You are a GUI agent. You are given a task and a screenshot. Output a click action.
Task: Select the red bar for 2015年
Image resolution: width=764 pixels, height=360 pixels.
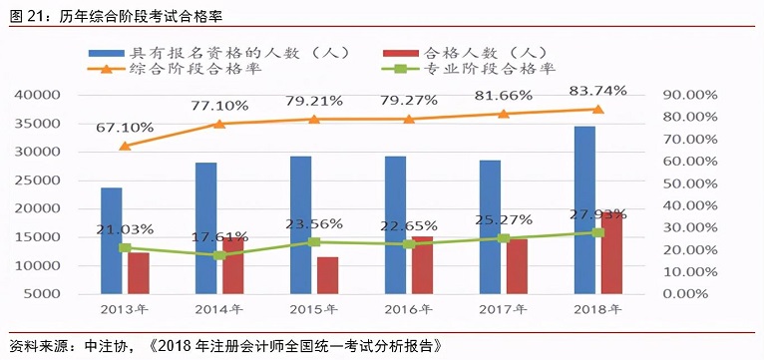328,275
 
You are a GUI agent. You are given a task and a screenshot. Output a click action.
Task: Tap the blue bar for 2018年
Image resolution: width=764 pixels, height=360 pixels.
584,209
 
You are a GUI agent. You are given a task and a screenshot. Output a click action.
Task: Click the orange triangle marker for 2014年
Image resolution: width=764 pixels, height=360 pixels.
219,124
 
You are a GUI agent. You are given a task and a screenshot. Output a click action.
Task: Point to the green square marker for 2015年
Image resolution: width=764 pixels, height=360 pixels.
314,241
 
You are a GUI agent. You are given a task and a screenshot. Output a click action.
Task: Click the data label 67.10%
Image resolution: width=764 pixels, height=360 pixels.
125,128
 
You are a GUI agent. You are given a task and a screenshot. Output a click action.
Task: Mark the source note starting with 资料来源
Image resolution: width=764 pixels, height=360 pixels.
219,346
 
